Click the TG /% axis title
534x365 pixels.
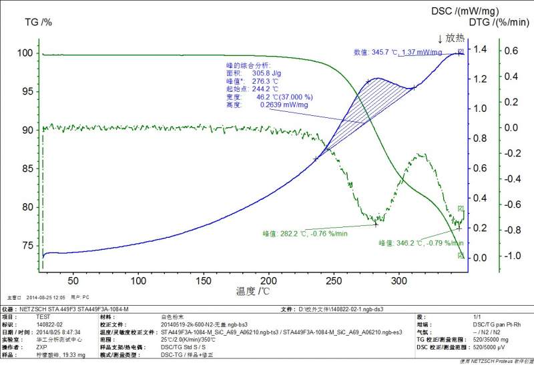[38, 22]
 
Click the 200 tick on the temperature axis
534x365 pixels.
[269, 280]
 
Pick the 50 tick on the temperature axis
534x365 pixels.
[73, 280]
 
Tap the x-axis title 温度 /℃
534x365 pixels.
[252, 292]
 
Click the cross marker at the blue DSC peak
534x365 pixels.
[368, 81]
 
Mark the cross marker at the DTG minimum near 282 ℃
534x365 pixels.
[376, 224]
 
